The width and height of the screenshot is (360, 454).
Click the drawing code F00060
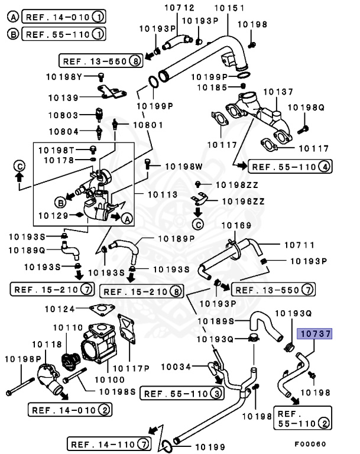click(310, 442)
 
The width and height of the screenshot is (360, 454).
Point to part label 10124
click(59, 308)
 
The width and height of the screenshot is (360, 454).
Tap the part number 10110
click(68, 327)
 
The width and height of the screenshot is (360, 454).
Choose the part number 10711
click(299, 244)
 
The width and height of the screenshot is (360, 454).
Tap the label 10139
click(63, 97)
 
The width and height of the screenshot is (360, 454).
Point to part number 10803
click(63, 116)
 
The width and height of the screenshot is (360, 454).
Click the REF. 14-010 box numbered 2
click(70, 410)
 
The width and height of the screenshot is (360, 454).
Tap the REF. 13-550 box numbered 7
click(273, 289)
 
